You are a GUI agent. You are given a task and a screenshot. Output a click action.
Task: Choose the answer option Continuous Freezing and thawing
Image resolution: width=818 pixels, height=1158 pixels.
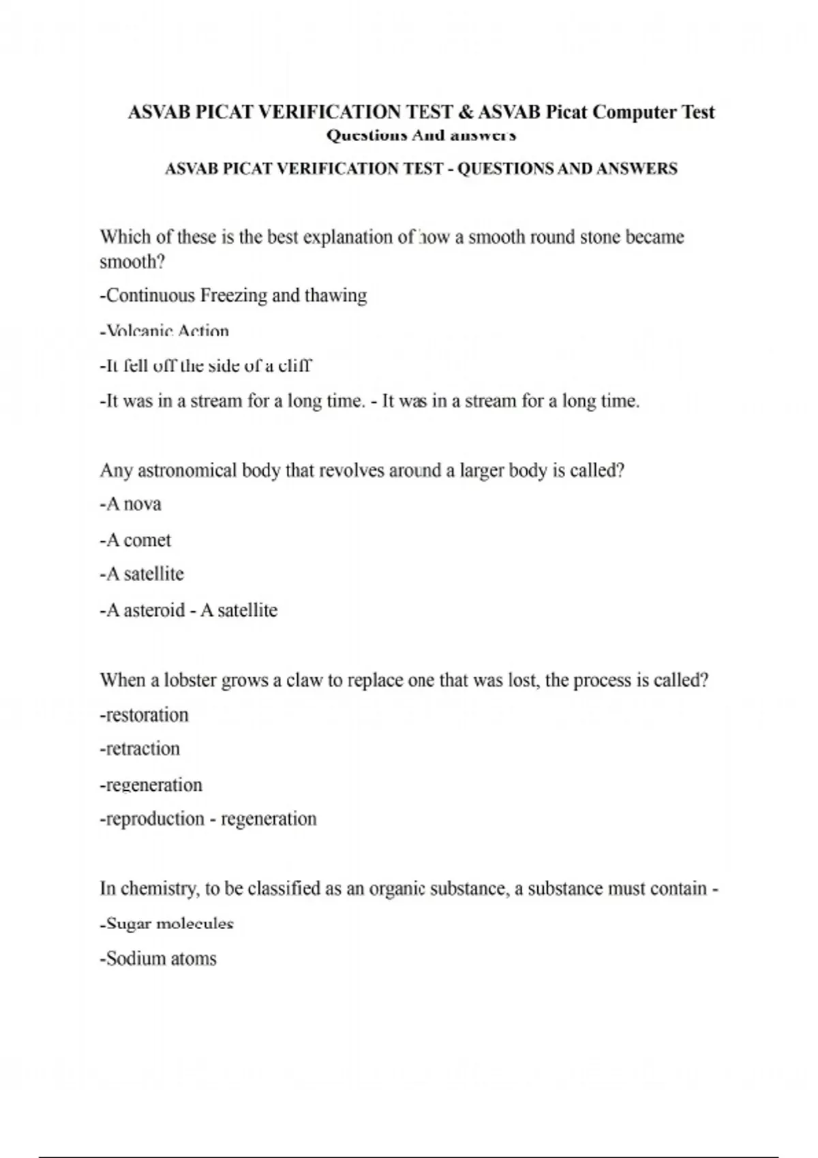tap(233, 296)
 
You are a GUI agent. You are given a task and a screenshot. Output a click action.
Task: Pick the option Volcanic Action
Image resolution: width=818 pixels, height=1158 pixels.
tap(164, 332)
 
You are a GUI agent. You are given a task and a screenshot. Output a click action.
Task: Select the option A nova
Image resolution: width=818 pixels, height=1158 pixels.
tap(130, 505)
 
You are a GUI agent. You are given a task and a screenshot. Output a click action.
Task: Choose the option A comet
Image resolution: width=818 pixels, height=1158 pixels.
tap(135, 540)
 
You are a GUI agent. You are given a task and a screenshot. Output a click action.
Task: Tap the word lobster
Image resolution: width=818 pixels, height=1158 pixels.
tap(191, 680)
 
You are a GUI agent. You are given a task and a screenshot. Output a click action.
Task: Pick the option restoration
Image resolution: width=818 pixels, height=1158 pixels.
tap(144, 715)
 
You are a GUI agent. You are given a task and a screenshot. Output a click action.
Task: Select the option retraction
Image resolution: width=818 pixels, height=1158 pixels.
tap(140, 749)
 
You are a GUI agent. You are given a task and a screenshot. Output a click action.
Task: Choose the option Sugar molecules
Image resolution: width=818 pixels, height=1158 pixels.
tap(166, 924)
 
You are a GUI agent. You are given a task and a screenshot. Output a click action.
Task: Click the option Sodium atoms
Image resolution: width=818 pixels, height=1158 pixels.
tap(158, 959)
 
